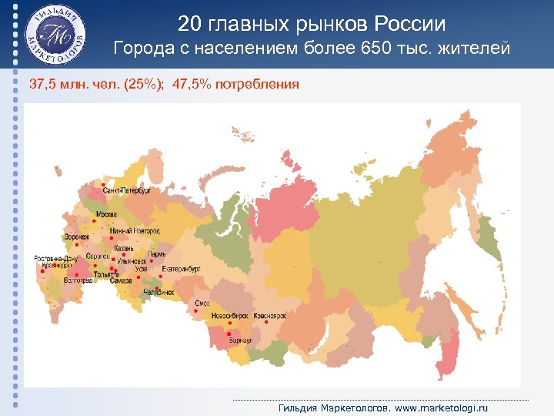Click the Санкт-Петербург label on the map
(x=128, y=190)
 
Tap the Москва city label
(x=106, y=213)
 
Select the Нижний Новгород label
(x=135, y=231)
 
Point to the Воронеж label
(x=78, y=237)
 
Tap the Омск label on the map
(x=202, y=304)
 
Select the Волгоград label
(x=77, y=282)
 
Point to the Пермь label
(x=157, y=254)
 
